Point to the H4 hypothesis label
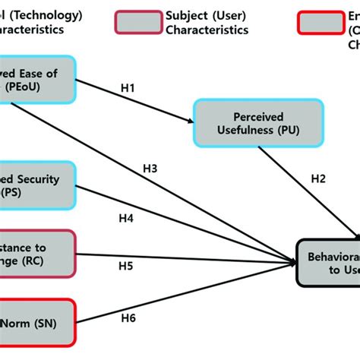tap(126, 219)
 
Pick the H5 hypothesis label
tap(125, 267)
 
